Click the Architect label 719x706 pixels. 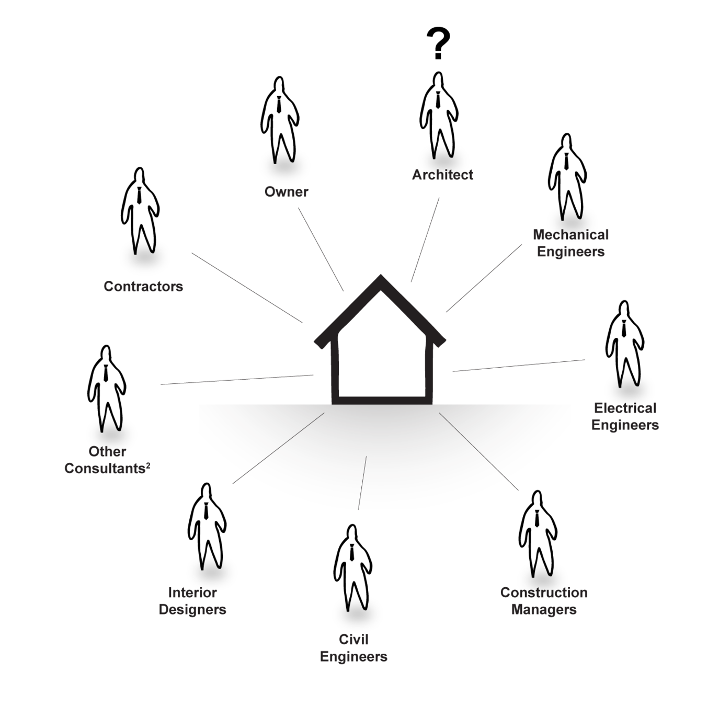442,175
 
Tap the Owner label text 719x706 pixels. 286,192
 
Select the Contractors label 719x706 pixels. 143,287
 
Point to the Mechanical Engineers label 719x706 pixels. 571,243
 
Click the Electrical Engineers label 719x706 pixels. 625,417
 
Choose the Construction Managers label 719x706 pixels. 544,601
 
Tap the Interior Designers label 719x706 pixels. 193,601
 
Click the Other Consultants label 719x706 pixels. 108,460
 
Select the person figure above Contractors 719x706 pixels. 139,212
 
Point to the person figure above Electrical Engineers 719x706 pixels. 624,345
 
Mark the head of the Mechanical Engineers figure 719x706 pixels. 566,144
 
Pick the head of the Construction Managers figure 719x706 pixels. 537,500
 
